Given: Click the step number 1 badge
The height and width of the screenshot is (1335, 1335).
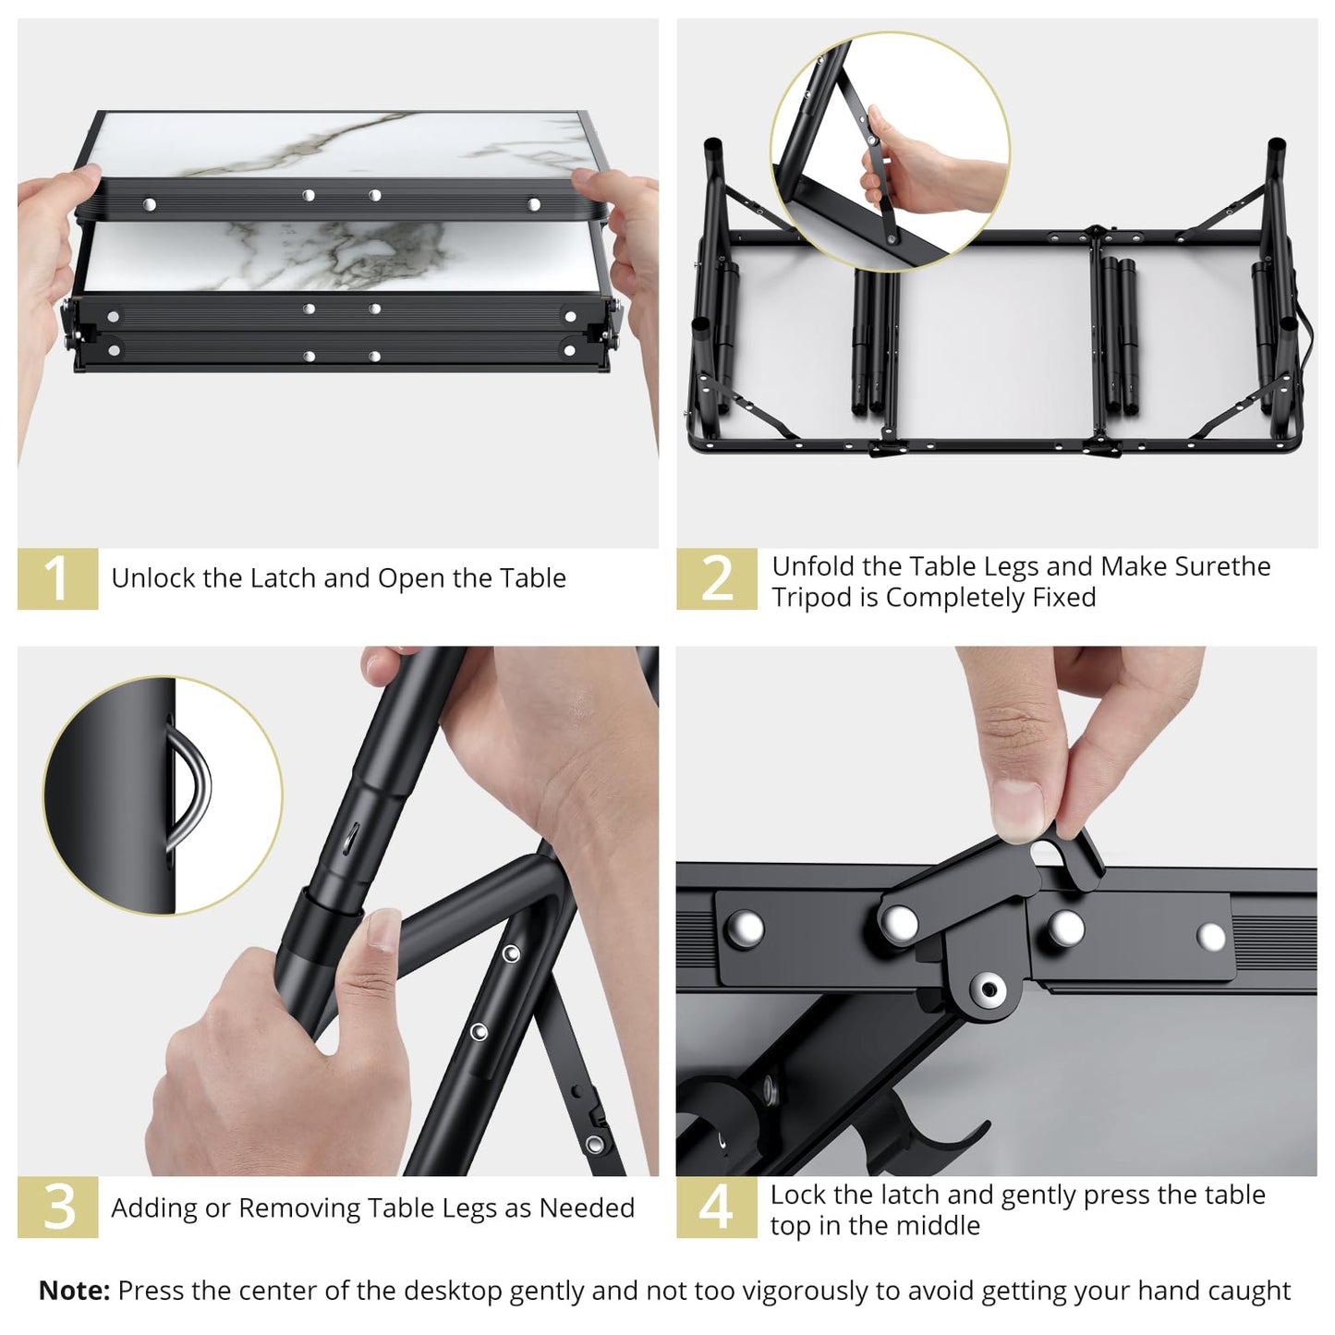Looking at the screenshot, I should coord(57,579).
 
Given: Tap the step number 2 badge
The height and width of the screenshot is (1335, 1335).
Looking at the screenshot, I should coord(716,579).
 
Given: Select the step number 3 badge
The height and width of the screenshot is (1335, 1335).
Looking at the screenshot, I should coord(57,1208).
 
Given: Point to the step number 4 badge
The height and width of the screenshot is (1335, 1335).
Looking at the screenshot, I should coord(716,1208).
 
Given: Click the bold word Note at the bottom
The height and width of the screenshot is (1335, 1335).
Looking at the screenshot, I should coord(74,1291).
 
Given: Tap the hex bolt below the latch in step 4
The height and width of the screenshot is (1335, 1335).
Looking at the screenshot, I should coord(989,989).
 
